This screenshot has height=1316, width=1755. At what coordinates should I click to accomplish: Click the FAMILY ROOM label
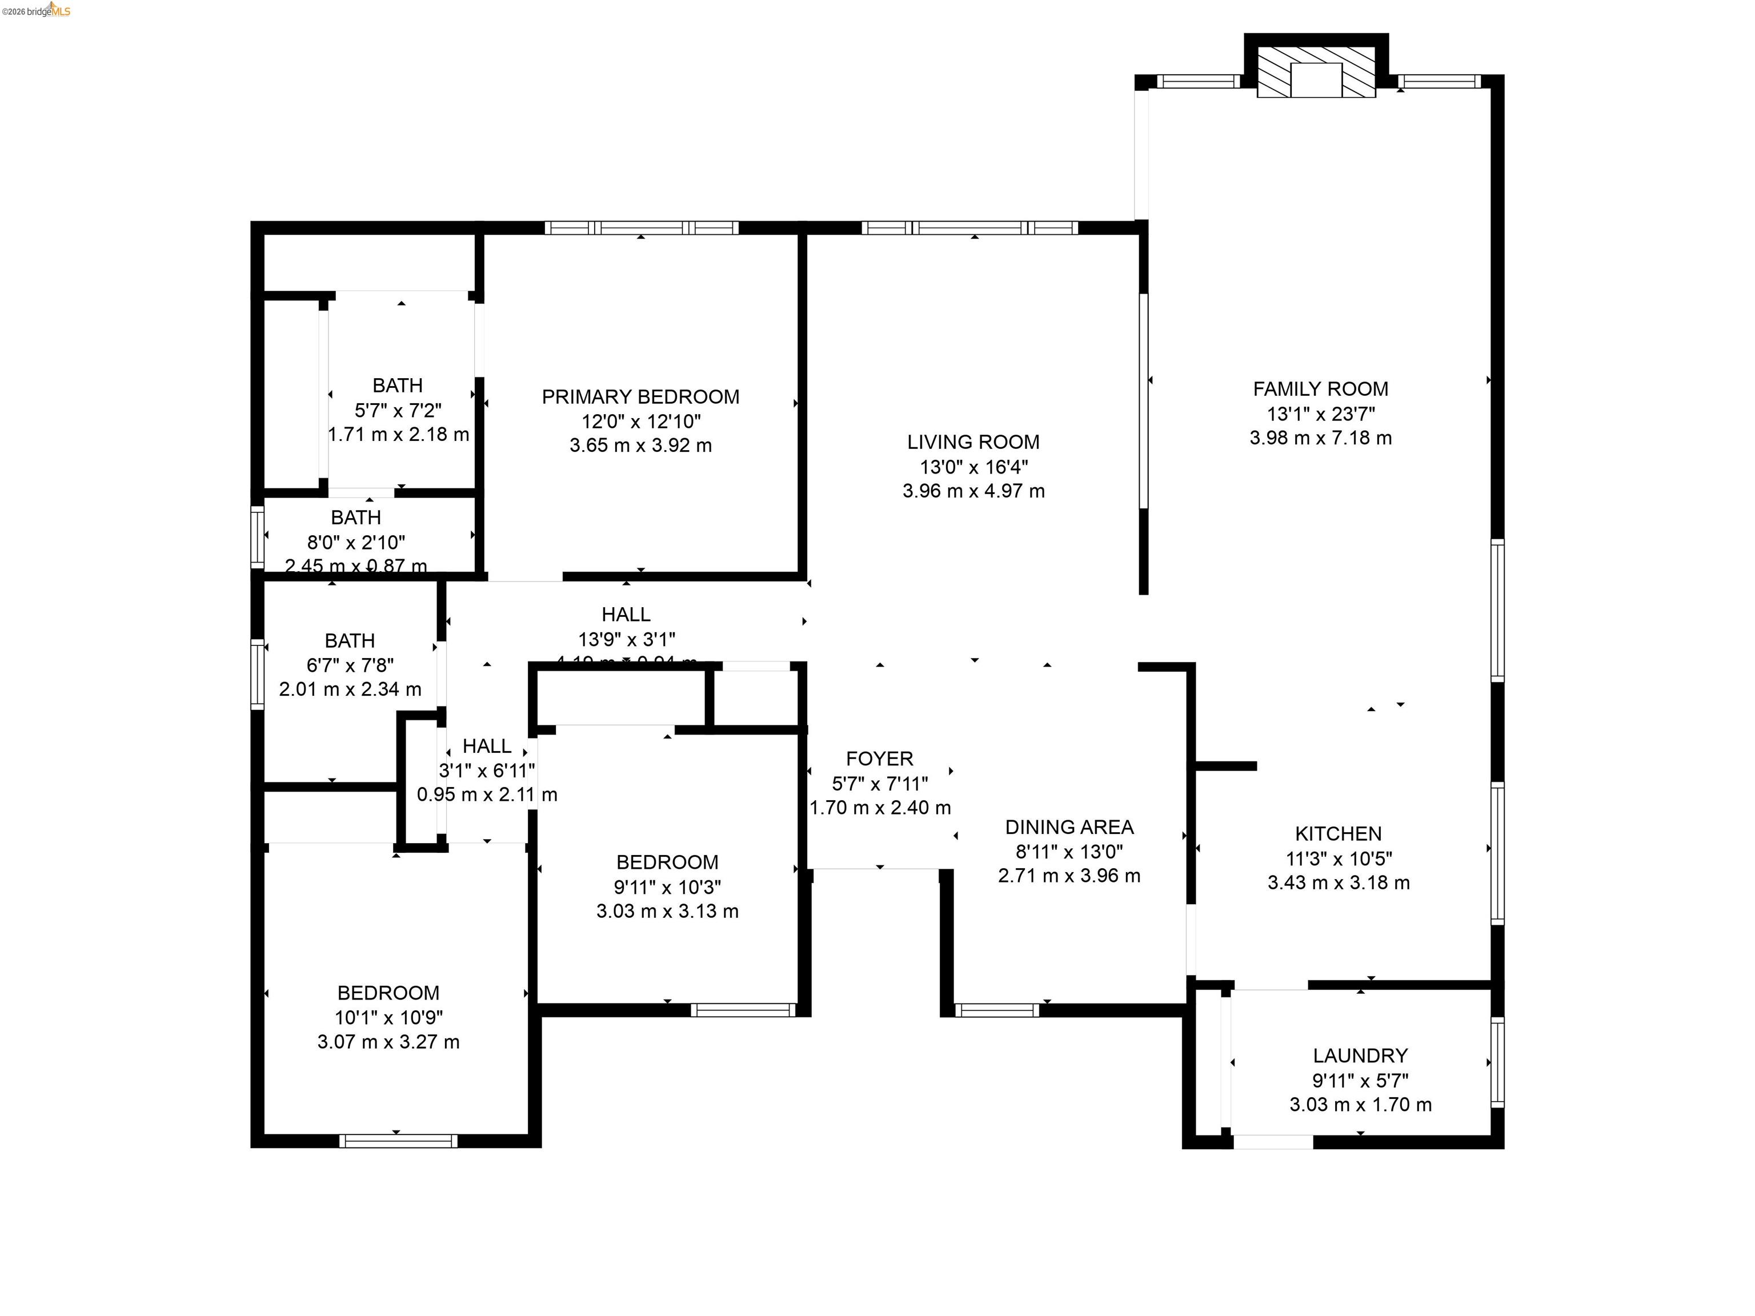pyautogui.click(x=1320, y=389)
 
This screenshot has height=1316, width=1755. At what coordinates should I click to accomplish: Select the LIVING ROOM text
pyautogui.click(x=973, y=442)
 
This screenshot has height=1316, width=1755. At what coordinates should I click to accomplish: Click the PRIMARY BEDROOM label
pyautogui.click(x=640, y=396)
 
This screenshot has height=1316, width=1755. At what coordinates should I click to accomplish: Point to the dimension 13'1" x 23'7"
pyautogui.click(x=1320, y=414)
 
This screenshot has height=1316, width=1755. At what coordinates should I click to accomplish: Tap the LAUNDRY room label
pyautogui.click(x=1360, y=1056)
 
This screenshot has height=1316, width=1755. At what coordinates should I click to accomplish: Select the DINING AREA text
pyautogui.click(x=1069, y=828)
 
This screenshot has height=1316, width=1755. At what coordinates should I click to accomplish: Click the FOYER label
pyautogui.click(x=879, y=759)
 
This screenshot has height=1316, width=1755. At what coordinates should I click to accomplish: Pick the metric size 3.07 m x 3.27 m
pyautogui.click(x=388, y=1041)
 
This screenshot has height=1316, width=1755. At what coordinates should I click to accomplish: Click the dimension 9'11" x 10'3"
pyautogui.click(x=667, y=887)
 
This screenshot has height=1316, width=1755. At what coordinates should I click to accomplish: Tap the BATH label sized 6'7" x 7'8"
pyautogui.click(x=350, y=640)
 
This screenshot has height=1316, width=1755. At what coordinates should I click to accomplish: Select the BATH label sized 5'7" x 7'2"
pyautogui.click(x=398, y=386)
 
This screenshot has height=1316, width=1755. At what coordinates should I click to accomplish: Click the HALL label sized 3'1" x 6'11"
pyautogui.click(x=486, y=745)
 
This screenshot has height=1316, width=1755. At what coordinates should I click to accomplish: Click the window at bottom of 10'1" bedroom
pyautogui.click(x=398, y=1141)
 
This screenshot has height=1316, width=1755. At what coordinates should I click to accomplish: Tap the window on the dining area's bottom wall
pyautogui.click(x=996, y=1010)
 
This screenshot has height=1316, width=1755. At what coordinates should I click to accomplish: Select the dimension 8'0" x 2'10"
pyautogui.click(x=356, y=543)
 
